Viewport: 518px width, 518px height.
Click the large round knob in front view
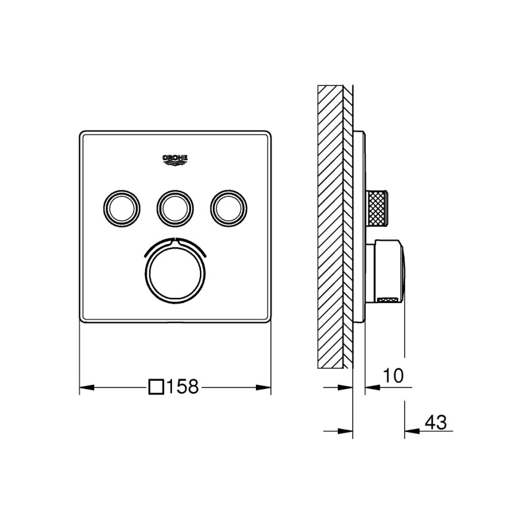pos(175,269)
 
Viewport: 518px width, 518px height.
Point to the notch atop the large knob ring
pos(175,241)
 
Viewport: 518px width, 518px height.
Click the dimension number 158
pos(182,387)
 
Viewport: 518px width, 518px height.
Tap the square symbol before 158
pos(156,387)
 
